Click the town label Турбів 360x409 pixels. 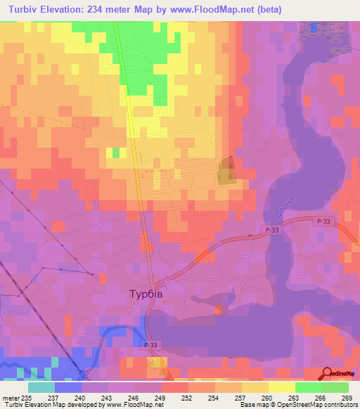pos(146,294)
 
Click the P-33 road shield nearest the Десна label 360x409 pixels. pos(274,230)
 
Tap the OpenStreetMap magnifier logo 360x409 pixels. pos(328,373)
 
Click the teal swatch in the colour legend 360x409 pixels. pos(41,387)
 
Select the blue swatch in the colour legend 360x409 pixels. pos(67,387)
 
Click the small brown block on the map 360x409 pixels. pos(226,171)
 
